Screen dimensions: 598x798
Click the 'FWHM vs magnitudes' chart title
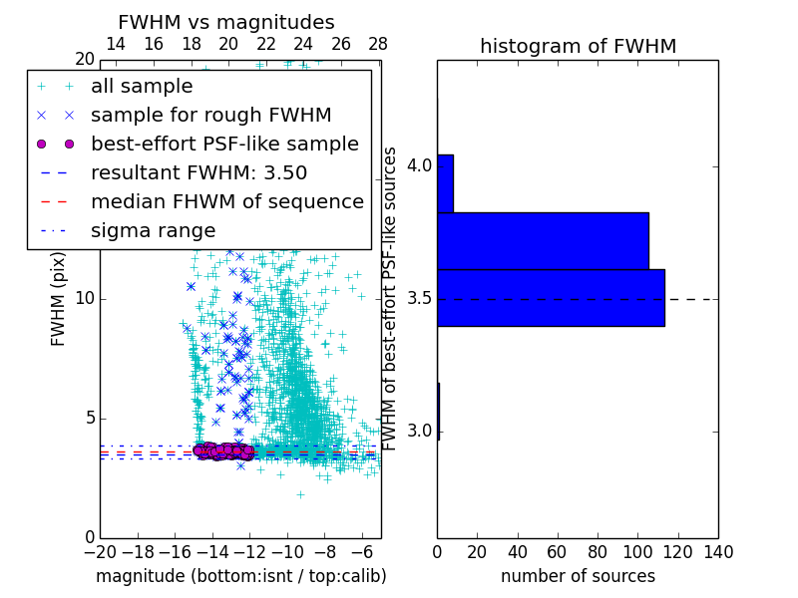pyautogui.click(x=226, y=22)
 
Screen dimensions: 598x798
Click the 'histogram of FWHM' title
pyautogui.click(x=578, y=46)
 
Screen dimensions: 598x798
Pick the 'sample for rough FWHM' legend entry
pyautogui.click(x=210, y=116)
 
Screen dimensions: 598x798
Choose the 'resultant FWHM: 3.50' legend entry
pyautogui.click(x=199, y=172)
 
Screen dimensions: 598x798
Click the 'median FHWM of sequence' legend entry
pyautogui.click(x=226, y=201)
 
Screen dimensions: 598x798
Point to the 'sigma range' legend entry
pyautogui.click(x=153, y=230)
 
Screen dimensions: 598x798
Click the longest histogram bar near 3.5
pyautogui.click(x=551, y=297)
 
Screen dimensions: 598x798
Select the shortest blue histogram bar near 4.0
pyautogui.click(x=445, y=183)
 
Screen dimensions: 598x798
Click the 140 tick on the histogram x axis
pyautogui.click(x=718, y=552)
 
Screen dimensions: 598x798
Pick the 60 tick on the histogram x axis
pyautogui.click(x=558, y=552)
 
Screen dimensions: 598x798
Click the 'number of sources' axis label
pyautogui.click(x=578, y=576)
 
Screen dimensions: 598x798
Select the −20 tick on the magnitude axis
pyautogui.click(x=100, y=552)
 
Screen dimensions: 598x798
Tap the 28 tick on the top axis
pyautogui.click(x=378, y=44)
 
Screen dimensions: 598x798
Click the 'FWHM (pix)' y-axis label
pyautogui.click(x=59, y=299)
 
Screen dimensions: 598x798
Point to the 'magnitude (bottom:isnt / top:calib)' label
pyautogui.click(x=240, y=576)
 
